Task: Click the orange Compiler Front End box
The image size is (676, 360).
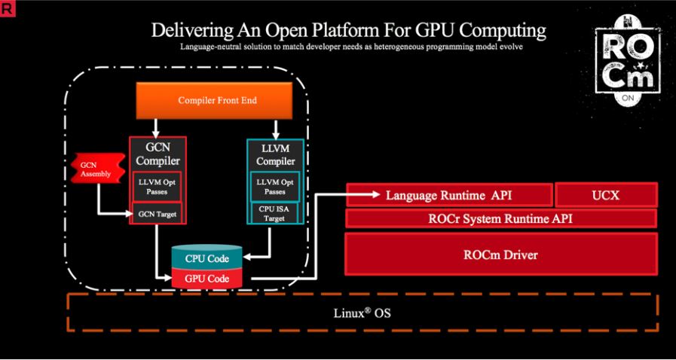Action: [216, 100]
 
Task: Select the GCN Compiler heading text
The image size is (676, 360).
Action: [157, 154]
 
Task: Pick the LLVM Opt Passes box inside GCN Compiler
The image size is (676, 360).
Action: [157, 186]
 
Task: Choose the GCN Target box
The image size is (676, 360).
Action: [157, 213]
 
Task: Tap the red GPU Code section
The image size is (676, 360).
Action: [206, 277]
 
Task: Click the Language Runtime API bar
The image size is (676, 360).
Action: [448, 195]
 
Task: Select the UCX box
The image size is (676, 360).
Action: [606, 195]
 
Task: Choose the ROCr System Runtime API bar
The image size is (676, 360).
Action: [500, 219]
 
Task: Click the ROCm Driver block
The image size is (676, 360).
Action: [500, 255]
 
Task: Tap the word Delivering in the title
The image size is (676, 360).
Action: [185, 31]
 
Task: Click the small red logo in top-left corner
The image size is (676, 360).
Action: [7, 7]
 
